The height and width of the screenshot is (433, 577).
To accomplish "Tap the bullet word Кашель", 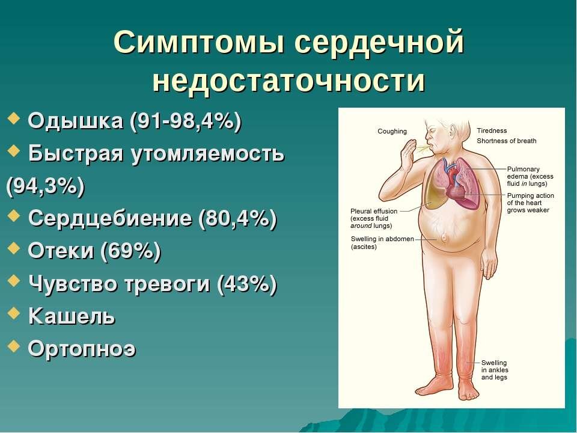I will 72,315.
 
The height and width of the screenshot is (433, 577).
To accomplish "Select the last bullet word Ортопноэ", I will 82,348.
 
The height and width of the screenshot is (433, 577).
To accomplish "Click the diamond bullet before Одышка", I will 16,120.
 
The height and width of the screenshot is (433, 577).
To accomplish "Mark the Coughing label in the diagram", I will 392,132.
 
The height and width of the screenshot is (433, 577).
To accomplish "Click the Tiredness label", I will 492,131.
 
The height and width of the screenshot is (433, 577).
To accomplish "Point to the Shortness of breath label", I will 507,141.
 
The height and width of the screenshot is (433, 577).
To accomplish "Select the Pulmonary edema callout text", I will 530,177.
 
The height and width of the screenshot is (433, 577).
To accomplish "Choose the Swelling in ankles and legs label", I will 495,370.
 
